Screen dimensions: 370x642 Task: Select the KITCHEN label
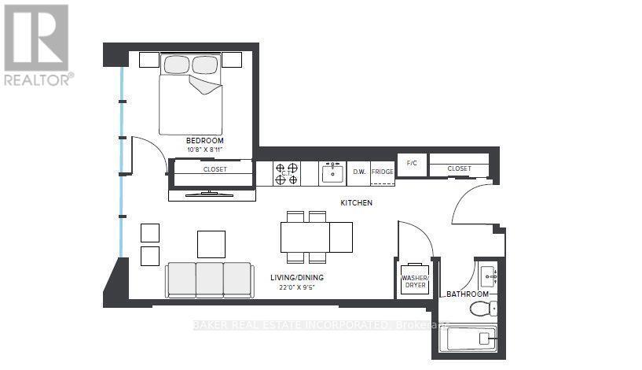[x=356, y=202]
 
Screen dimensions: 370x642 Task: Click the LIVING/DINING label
[x=298, y=277]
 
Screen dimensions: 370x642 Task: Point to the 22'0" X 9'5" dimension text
[x=298, y=287]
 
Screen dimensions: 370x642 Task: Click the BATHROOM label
[x=468, y=294]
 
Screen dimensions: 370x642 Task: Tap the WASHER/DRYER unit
[x=415, y=280]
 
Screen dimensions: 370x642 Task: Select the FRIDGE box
[x=382, y=172]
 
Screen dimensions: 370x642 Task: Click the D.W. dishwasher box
[x=359, y=172]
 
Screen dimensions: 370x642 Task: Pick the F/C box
[x=411, y=164]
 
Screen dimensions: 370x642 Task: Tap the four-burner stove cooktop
[x=286, y=173]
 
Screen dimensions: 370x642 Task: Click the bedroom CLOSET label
[x=215, y=168]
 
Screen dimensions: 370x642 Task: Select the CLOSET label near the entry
[x=459, y=168]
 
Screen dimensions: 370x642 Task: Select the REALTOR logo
[x=37, y=44]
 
